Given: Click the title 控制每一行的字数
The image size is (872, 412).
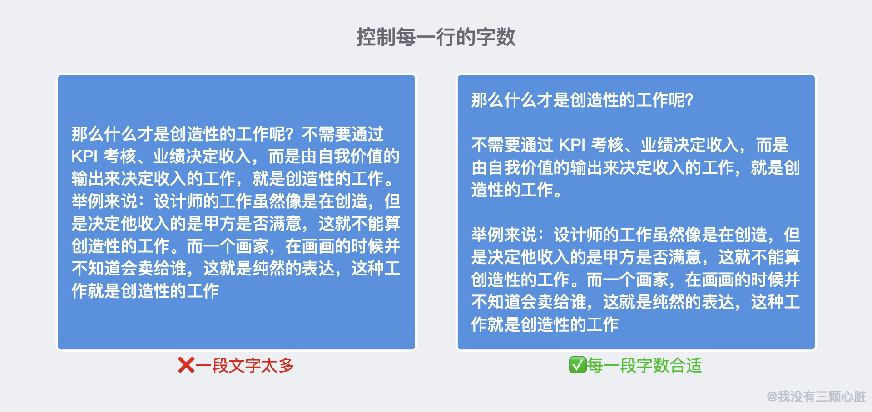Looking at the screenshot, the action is coord(436,37).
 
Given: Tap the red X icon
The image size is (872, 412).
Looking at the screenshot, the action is coord(186,365).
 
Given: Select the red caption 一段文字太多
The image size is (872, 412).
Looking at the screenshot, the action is coord(245,365).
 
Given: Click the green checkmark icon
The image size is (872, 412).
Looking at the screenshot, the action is coord(578,365).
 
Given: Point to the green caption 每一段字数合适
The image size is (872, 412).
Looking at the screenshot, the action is coord(644,365).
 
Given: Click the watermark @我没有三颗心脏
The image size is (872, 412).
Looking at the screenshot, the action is coord(816,397).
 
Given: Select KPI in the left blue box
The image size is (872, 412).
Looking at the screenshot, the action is coord(84,157).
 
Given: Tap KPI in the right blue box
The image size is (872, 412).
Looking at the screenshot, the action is coord(572,145).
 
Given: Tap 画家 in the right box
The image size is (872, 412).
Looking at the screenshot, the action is coord(652,280).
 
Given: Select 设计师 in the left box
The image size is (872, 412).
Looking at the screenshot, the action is coord(178,201).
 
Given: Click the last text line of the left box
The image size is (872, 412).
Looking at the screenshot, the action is coord(145,291).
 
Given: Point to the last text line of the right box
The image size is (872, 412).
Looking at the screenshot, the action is coord(545,324).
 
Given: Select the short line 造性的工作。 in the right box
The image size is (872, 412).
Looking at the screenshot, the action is coord(516,190).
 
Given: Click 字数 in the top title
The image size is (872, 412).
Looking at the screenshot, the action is coord(496,37).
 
